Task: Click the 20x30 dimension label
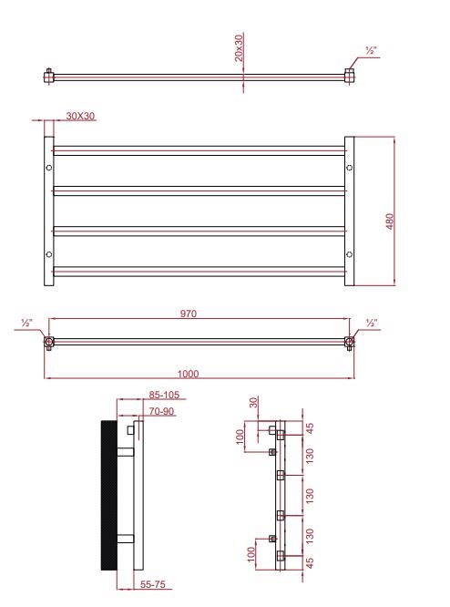(x=240, y=48)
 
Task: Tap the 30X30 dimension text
(x=80, y=116)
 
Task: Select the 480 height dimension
(x=390, y=221)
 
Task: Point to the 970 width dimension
(x=189, y=314)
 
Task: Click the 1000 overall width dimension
(x=188, y=374)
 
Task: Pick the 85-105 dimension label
(x=165, y=395)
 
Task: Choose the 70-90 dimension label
(x=161, y=411)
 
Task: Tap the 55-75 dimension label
(x=152, y=584)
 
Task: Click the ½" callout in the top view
(x=371, y=51)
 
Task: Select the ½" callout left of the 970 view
(x=26, y=323)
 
